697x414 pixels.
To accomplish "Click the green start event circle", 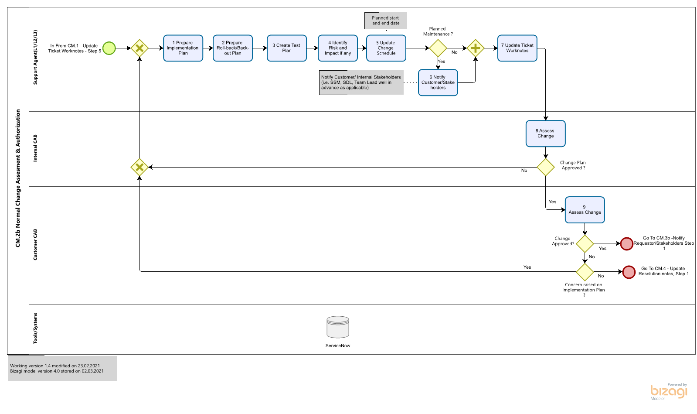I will point(109,48).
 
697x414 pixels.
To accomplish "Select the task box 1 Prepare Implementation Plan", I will point(183,48).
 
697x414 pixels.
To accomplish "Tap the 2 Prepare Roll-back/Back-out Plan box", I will point(233,48).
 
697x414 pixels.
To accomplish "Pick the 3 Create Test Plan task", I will point(287,48).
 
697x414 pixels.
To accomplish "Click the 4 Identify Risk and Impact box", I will point(338,48).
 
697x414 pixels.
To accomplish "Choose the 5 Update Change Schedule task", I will point(386,48).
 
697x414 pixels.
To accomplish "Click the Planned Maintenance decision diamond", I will point(438,48).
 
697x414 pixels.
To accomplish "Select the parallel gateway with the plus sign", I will point(476,48).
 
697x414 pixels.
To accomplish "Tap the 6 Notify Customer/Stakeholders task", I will point(438,82).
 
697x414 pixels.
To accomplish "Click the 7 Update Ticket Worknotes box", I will point(517,48).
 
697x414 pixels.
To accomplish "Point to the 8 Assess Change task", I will point(546,133).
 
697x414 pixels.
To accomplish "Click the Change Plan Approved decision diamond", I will point(546,167).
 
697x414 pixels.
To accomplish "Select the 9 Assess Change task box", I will point(585,210).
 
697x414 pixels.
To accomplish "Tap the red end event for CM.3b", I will point(627,243).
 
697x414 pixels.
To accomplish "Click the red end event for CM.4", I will point(629,272).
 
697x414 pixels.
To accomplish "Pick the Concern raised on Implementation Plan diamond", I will point(585,272).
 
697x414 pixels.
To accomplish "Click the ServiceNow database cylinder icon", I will point(338,327).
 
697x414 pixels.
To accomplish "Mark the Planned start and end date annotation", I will point(386,21).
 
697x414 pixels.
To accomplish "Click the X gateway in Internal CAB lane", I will point(139,167).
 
